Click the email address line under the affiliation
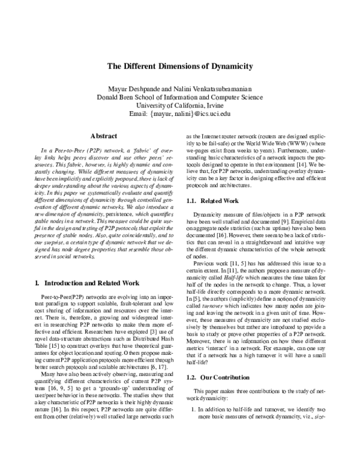coord(179,113)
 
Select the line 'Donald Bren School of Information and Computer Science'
coord(179,97)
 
